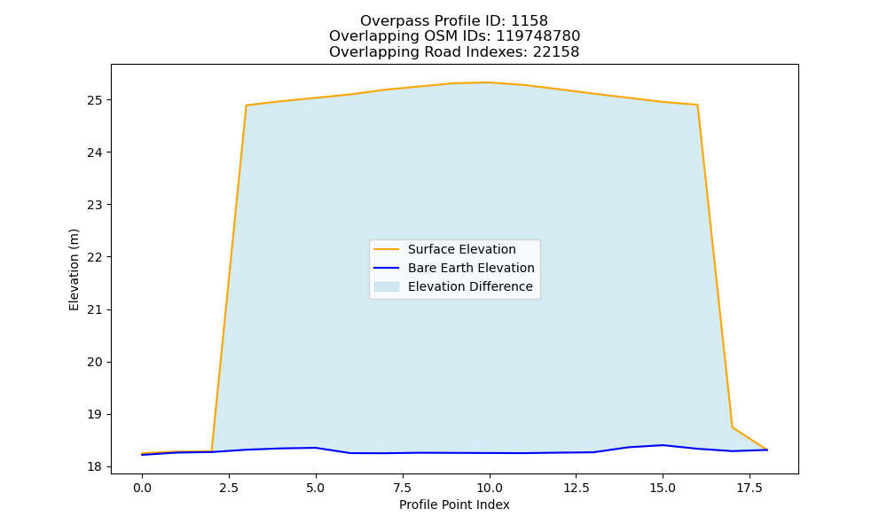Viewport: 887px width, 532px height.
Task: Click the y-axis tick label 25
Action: click(95, 100)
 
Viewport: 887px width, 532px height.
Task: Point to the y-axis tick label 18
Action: click(95, 467)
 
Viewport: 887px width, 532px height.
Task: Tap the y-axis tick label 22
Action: click(95, 257)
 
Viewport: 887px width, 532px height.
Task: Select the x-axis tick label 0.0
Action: click(143, 488)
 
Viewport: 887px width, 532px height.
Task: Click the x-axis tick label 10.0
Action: click(490, 488)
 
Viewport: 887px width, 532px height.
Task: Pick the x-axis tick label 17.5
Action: click(750, 488)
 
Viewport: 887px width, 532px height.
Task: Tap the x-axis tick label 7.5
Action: click(403, 488)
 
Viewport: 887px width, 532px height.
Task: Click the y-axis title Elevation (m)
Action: click(74, 270)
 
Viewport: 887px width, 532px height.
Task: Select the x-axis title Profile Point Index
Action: click(454, 505)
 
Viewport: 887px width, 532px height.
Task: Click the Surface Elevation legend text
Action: click(461, 249)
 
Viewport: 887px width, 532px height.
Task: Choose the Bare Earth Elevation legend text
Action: click(471, 268)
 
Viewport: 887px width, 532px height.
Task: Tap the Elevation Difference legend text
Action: click(470, 286)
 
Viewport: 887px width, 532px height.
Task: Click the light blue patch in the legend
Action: click(387, 286)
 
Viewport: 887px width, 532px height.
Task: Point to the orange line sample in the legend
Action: click(387, 249)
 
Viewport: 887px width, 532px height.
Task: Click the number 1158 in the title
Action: click(530, 21)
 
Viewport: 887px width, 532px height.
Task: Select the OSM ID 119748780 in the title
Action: click(538, 36)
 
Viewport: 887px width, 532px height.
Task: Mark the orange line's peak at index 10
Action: click(490, 82)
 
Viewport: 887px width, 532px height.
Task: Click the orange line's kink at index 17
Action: click(733, 426)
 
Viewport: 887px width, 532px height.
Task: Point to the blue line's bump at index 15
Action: click(663, 445)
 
